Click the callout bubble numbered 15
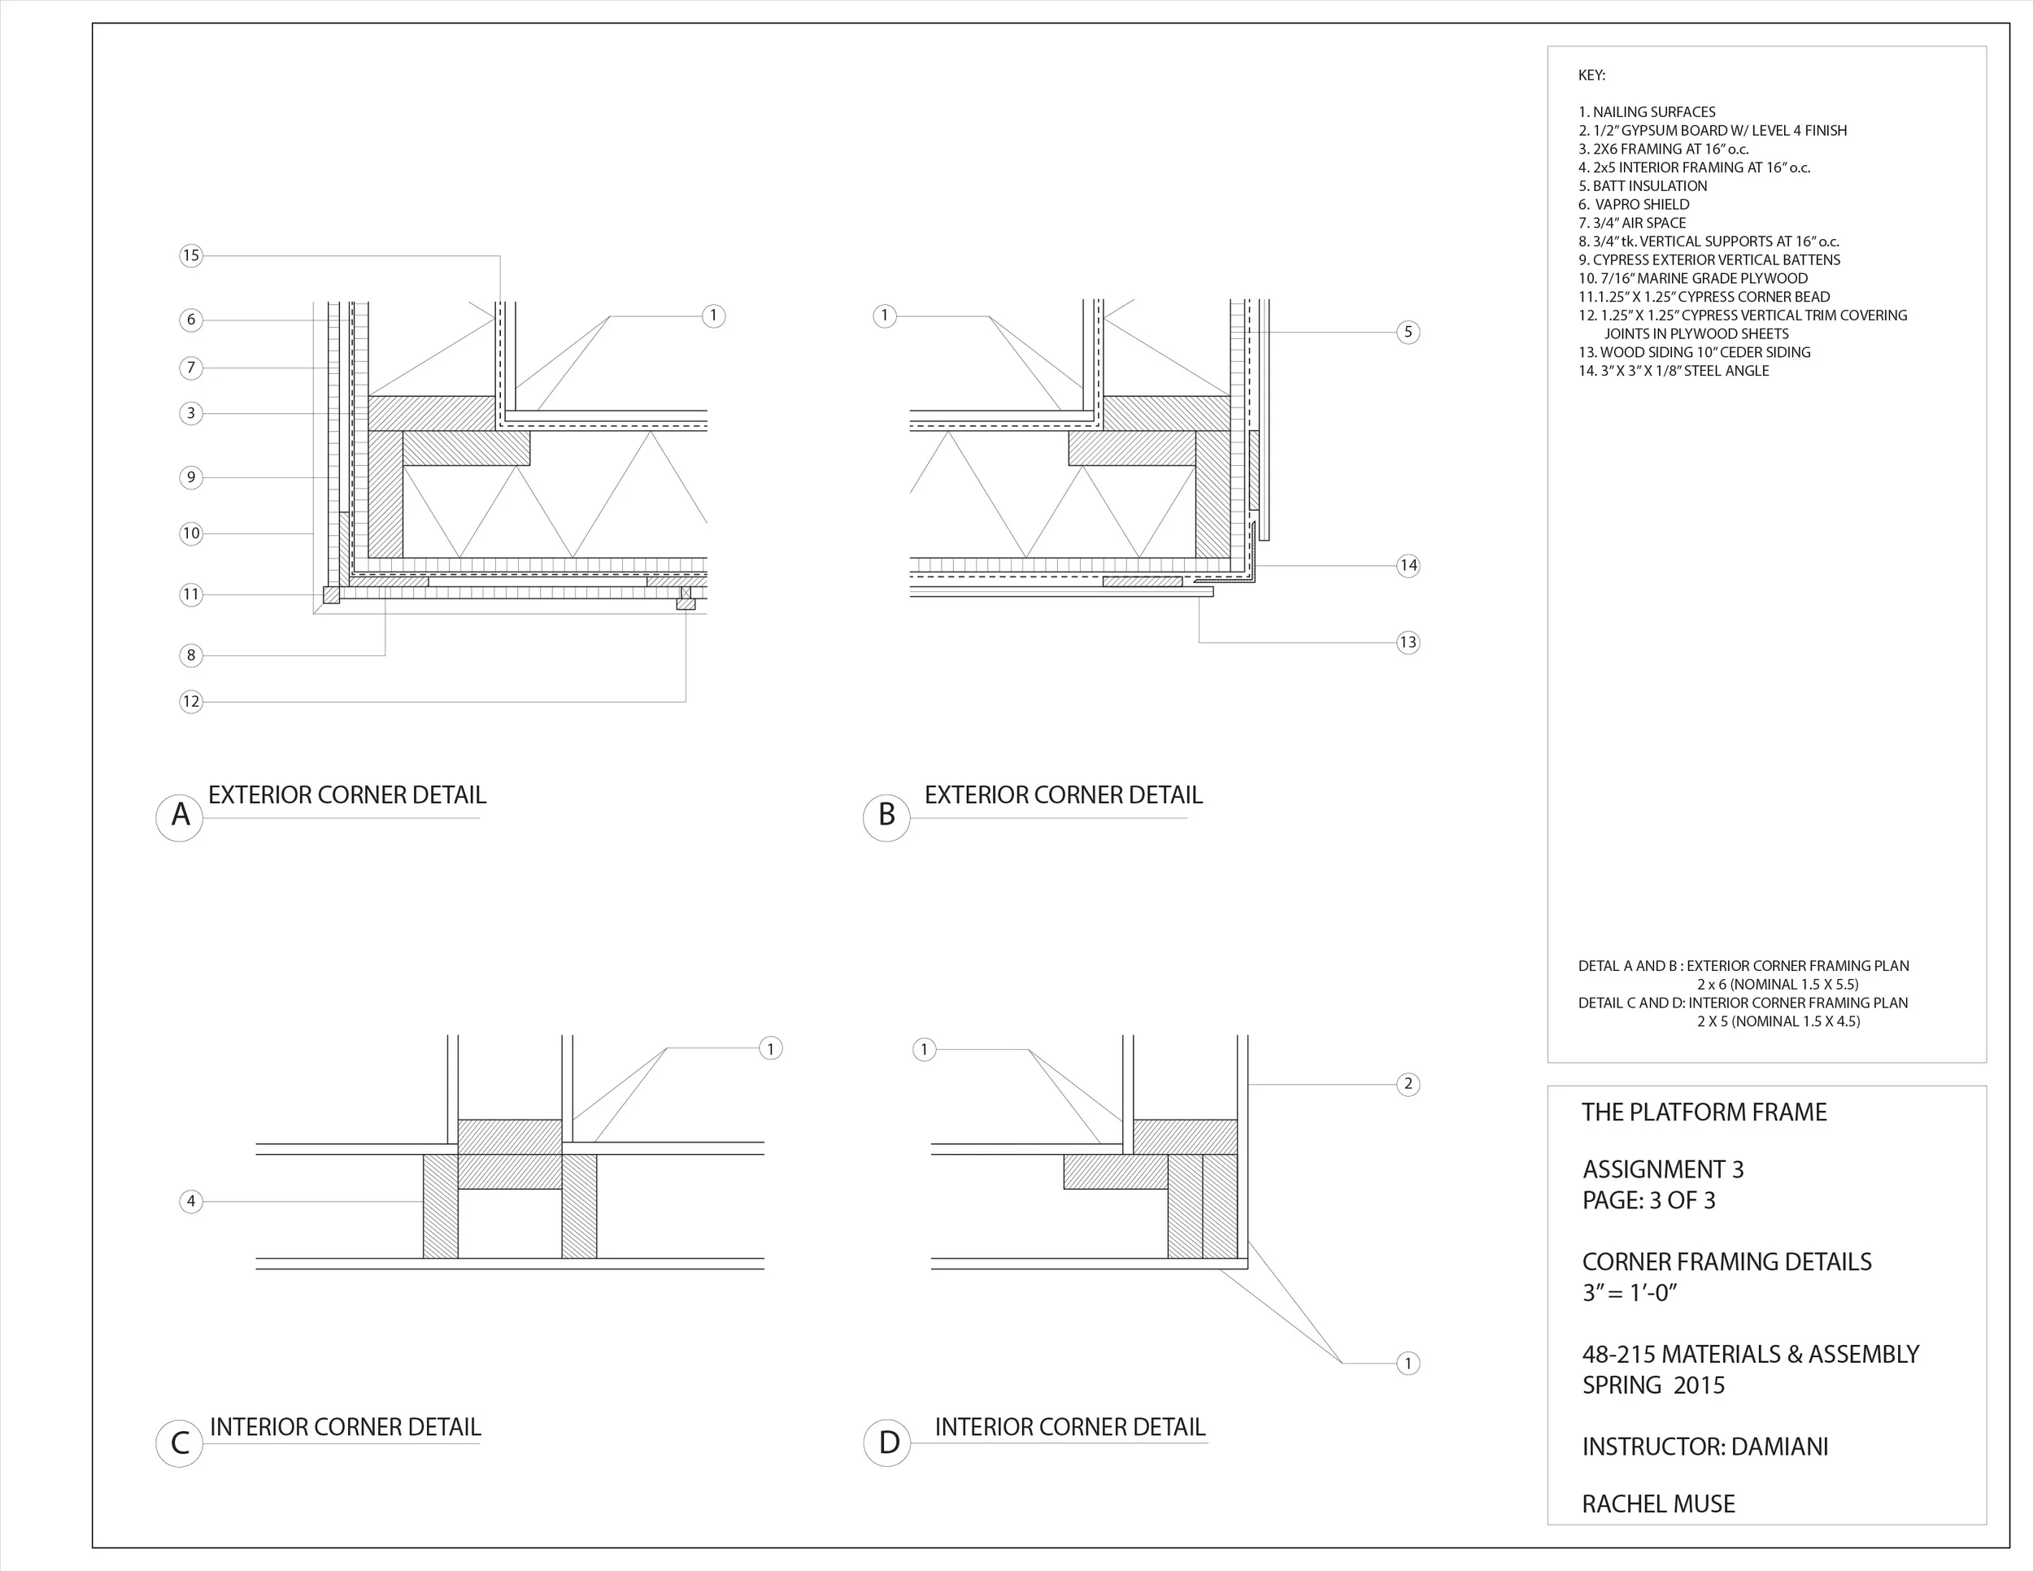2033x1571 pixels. point(191,256)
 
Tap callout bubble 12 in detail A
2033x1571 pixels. point(191,702)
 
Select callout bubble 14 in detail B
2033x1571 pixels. point(1408,565)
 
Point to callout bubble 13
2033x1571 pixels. point(1408,642)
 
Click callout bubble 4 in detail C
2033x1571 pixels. point(191,1202)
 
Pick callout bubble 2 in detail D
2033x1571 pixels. point(1408,1083)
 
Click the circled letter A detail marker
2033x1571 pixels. point(180,816)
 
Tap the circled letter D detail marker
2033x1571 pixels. point(888,1443)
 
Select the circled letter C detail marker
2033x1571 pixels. point(180,1443)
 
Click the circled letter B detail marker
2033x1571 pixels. point(886,816)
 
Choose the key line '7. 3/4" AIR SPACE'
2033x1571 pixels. point(1632,224)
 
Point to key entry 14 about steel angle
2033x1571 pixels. point(1674,371)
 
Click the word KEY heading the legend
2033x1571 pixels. point(1591,76)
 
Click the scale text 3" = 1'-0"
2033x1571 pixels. point(1630,1293)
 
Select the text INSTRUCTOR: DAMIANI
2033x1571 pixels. point(1705,1447)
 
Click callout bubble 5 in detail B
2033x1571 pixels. point(1408,333)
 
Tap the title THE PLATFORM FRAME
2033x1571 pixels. point(1704,1112)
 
